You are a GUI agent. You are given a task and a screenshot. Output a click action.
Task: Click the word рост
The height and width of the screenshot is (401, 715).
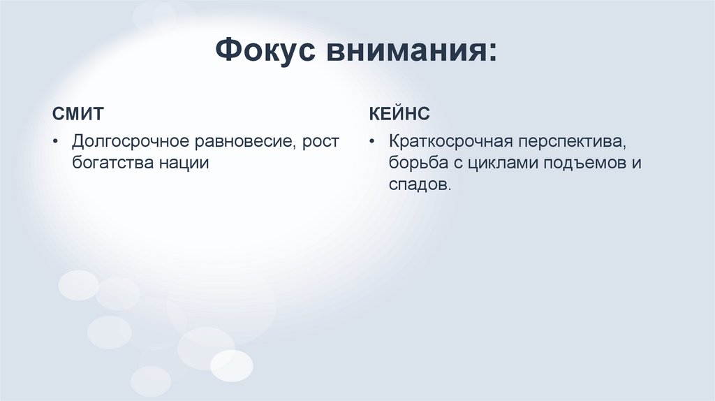(x=323, y=142)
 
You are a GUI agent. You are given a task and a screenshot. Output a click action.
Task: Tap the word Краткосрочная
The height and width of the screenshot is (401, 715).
(x=450, y=142)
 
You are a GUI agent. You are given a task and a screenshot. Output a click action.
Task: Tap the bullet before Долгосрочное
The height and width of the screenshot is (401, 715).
(x=56, y=143)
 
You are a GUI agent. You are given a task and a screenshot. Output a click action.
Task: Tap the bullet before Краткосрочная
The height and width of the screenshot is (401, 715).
(x=374, y=143)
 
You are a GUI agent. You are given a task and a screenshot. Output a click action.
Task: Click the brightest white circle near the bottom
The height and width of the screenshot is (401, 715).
(x=232, y=365)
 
